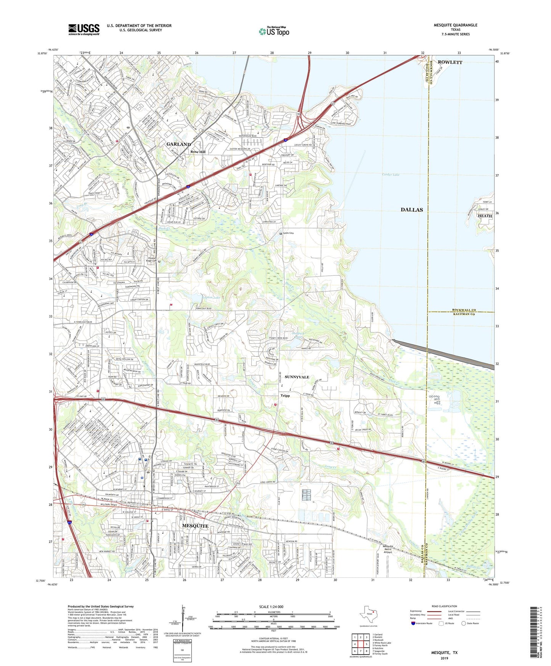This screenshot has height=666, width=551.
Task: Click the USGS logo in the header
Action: point(84,29)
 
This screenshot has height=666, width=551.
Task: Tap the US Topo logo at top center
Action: point(274,31)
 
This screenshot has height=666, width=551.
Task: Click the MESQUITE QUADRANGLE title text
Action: point(455,25)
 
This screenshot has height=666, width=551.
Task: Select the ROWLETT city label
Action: point(450,62)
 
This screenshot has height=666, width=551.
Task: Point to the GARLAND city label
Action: point(178,144)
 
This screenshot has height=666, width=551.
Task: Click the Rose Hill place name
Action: point(198,152)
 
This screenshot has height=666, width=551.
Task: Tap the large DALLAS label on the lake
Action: point(411,210)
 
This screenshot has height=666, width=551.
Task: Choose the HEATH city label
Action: point(485,216)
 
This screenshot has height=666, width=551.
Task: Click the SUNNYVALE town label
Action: point(297,377)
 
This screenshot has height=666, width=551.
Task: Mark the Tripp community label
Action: point(285,396)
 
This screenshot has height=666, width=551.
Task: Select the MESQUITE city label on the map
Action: point(195,526)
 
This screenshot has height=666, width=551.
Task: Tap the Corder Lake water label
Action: point(390,175)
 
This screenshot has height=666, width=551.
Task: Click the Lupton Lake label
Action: point(211,297)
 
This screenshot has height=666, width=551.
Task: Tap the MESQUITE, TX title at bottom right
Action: point(444,653)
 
